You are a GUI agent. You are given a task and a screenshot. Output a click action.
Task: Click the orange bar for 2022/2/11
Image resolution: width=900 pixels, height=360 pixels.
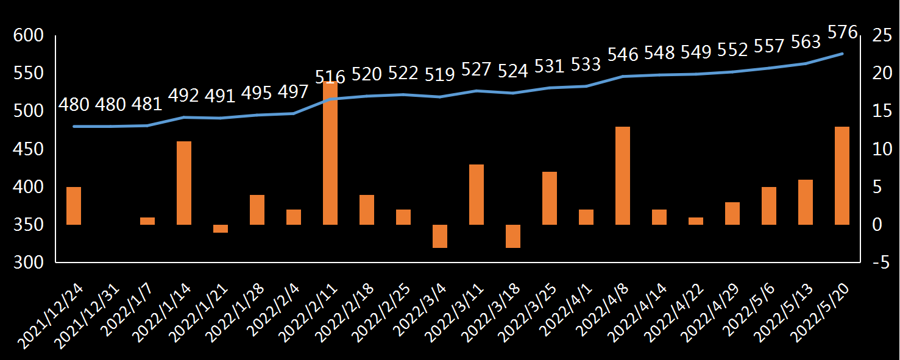(x=330, y=153)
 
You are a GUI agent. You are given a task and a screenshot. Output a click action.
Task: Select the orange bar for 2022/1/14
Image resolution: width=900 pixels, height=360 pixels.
(x=184, y=183)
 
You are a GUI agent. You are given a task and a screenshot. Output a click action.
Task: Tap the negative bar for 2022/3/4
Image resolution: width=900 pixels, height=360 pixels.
(x=440, y=236)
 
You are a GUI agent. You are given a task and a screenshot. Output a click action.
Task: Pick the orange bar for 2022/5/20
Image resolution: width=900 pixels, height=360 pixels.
(x=842, y=175)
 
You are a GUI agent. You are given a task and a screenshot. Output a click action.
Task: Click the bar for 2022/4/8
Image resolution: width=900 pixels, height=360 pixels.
(x=623, y=175)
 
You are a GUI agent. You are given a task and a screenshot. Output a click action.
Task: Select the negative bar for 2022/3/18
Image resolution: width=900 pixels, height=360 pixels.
(x=513, y=236)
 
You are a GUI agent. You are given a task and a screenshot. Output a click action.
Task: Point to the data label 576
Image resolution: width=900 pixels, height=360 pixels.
(x=843, y=32)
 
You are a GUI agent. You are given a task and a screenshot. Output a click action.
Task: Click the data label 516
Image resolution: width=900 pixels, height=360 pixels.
(x=330, y=77)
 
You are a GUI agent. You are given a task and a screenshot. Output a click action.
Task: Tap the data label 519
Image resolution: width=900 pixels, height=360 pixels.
(x=440, y=75)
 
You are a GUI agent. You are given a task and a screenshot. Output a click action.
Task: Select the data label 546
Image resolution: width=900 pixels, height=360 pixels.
(x=623, y=55)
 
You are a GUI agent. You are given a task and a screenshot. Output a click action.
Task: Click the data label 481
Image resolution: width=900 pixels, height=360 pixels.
(x=147, y=104)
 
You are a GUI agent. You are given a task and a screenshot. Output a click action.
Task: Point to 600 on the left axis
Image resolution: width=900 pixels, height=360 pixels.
(x=29, y=36)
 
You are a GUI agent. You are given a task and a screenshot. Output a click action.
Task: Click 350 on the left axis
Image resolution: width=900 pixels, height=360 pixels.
(x=29, y=225)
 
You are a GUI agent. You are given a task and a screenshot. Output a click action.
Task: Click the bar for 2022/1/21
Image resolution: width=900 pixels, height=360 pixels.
(x=221, y=228)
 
